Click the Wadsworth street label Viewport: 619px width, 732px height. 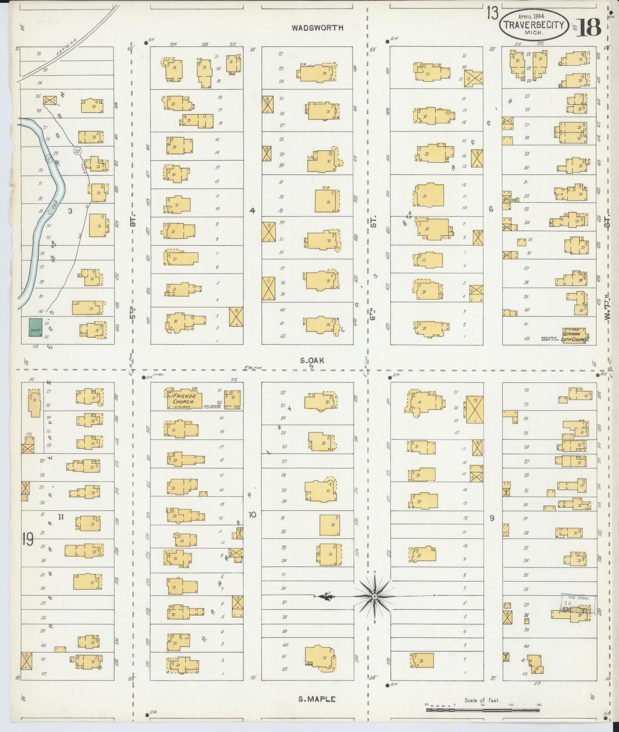[317, 28]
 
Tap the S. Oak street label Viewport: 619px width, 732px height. [311, 361]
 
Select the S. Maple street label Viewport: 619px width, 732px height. [317, 699]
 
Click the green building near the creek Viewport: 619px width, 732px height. [35, 327]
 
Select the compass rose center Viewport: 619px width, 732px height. [374, 596]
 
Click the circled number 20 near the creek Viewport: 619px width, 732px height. [77, 150]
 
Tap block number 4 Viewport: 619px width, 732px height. [252, 210]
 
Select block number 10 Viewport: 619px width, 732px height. [252, 515]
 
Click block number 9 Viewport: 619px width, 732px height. [492, 518]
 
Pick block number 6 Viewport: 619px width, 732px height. [491, 209]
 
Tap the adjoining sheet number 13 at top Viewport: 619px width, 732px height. [492, 14]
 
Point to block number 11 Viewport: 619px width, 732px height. [60, 517]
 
